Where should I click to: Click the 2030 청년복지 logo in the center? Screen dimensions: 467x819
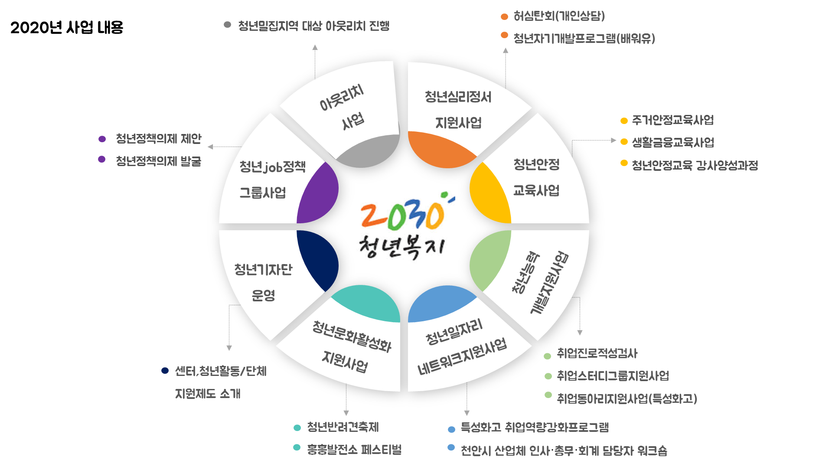(x=404, y=225)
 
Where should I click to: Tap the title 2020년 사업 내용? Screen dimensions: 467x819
(x=67, y=27)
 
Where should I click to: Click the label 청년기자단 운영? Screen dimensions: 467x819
(x=263, y=282)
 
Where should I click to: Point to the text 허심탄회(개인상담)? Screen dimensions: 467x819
(x=559, y=16)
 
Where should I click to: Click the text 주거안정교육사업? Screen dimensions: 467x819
(x=672, y=120)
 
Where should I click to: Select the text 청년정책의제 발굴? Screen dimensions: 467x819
(x=158, y=161)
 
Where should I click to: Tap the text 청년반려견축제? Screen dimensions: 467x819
(x=343, y=427)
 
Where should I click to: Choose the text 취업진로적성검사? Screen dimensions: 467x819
(x=597, y=353)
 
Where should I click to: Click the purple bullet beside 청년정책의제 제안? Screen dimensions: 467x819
(x=102, y=139)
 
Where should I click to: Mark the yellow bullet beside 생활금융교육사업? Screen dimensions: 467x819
(x=624, y=142)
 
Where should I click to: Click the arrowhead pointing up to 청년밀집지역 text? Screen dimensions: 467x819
(x=315, y=47)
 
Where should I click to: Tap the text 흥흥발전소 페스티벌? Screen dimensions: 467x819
(x=354, y=449)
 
